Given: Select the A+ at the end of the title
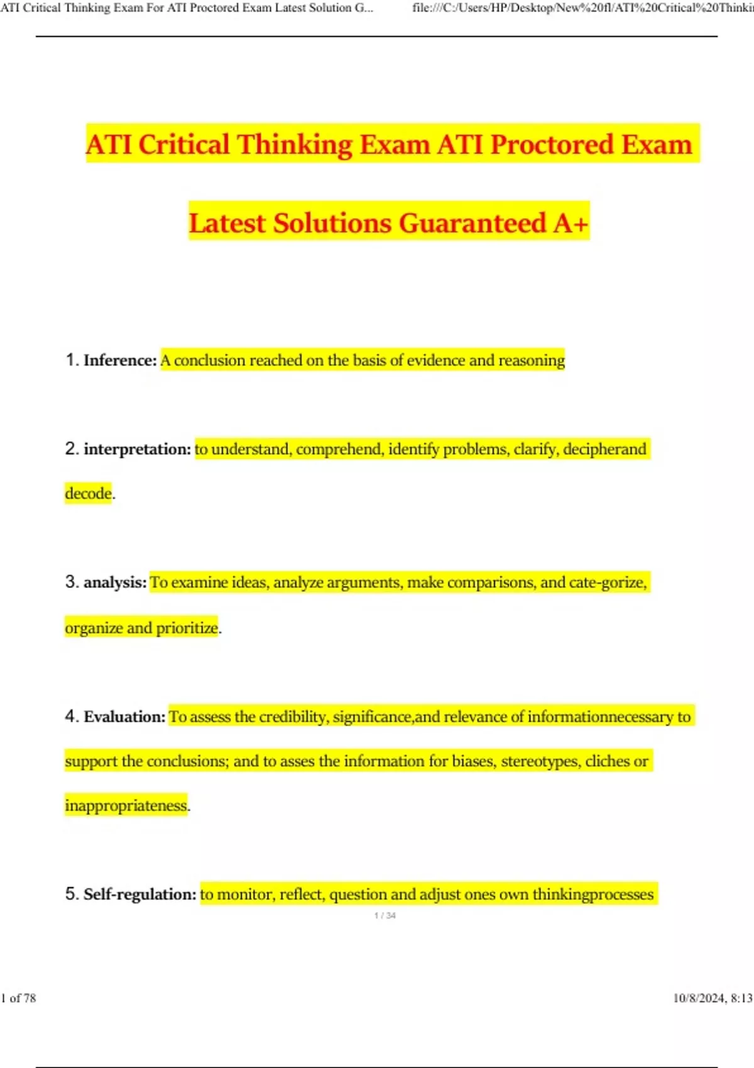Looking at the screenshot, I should pos(571,223).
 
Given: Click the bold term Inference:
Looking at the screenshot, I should pos(120,360).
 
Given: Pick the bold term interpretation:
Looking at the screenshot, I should pos(137,449).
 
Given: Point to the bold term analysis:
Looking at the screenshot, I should pos(115,582).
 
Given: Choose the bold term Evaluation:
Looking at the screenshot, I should pos(124,717).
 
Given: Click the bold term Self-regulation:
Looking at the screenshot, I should pos(139,894).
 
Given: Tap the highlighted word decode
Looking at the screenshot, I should pos(88,493).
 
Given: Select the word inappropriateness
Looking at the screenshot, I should pos(126,805).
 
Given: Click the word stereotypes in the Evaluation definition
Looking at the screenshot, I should pos(540,761).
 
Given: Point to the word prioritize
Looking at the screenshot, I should pos(187,628).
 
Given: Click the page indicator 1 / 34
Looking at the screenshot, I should pos(385,915).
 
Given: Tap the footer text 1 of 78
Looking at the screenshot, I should pos(19,998).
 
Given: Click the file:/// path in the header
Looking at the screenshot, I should pos(582,8).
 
